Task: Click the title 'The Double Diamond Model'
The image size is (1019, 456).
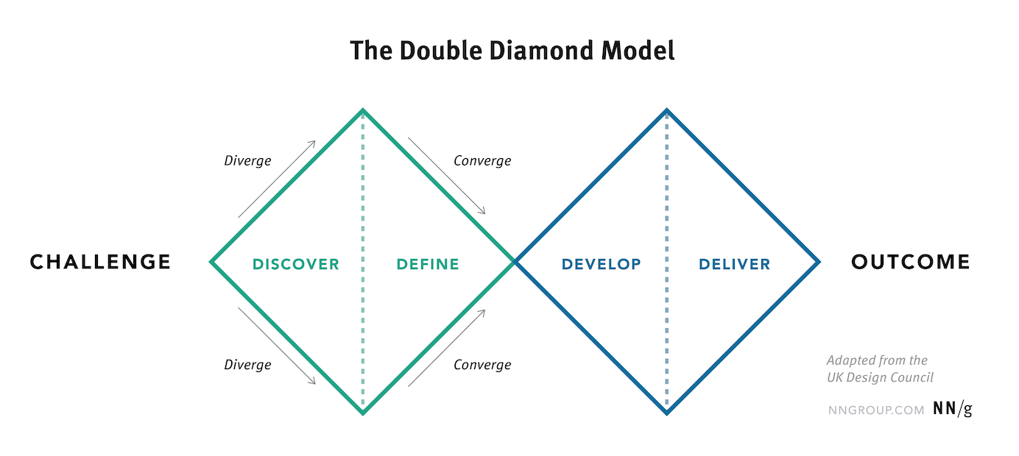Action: click(x=512, y=51)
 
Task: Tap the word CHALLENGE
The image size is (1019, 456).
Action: click(x=100, y=262)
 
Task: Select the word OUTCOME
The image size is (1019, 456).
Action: click(x=911, y=262)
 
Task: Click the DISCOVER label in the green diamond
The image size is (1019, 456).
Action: click(x=296, y=264)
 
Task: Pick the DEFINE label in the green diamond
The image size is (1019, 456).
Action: click(x=428, y=264)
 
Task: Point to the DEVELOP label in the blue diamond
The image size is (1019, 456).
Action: click(x=601, y=264)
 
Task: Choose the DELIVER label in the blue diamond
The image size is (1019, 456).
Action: click(x=735, y=264)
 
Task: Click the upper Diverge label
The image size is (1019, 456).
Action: click(x=247, y=160)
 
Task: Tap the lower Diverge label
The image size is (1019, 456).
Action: click(x=247, y=365)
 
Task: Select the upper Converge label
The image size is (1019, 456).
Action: click(x=482, y=160)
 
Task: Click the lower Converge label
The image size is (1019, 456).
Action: click(x=482, y=365)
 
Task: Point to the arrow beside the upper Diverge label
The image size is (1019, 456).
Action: click(x=277, y=179)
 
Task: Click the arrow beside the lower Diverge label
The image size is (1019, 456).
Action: click(x=277, y=346)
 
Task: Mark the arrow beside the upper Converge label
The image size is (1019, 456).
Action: click(x=446, y=176)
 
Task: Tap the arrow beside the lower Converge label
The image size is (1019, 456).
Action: click(x=446, y=348)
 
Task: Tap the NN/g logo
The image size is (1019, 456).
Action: click(x=952, y=410)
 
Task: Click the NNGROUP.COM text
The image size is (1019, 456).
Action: click(x=875, y=410)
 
